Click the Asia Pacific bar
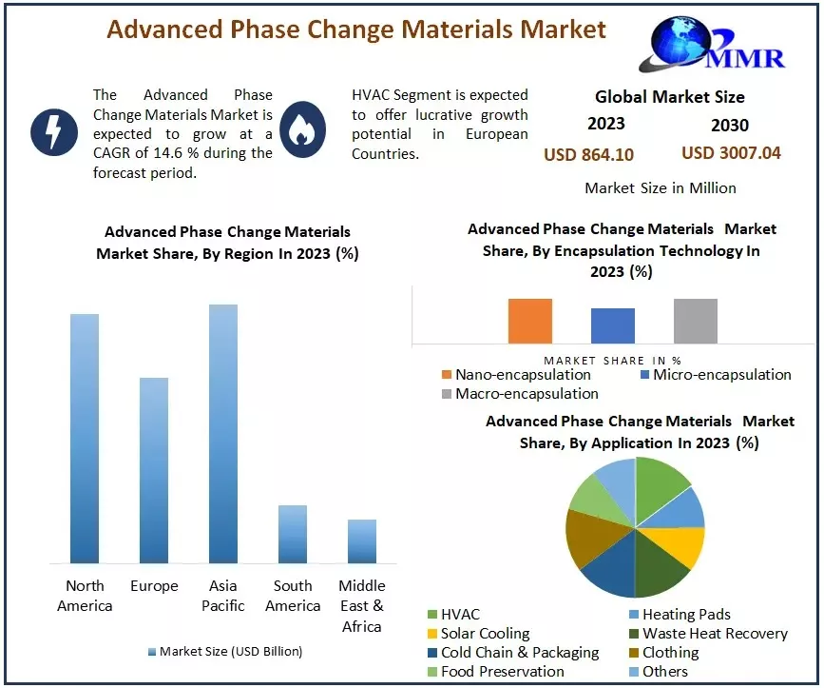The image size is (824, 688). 223,434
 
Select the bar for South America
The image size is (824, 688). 293,534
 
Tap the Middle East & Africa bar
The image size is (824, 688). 362,541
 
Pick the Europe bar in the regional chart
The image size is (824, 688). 154,470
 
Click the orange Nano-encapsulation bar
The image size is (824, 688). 529,321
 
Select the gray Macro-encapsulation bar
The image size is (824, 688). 695,321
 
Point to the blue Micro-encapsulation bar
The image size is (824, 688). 612,325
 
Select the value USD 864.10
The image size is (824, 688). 588,154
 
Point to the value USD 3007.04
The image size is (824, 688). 731,152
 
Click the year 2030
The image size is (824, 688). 729,125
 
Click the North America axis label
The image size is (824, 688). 85,596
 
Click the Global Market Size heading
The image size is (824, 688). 669,96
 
